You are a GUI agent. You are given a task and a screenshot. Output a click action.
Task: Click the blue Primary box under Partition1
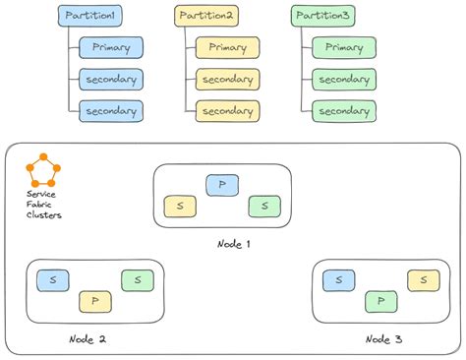click(111, 47)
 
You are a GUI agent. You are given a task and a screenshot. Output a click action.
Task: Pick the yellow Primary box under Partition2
click(227, 47)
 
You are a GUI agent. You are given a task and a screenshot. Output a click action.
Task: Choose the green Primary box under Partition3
click(344, 47)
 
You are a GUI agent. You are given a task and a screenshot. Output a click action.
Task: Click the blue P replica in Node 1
click(221, 185)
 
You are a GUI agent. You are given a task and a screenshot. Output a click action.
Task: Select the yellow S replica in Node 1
click(180, 206)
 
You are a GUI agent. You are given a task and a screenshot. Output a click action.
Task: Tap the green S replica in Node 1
click(264, 206)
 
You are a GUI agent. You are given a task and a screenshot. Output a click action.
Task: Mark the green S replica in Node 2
click(137, 280)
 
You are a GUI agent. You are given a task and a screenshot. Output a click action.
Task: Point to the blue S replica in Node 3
click(339, 280)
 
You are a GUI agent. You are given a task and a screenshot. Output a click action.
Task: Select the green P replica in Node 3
click(380, 301)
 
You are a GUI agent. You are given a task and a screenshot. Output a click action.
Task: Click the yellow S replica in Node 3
click(423, 280)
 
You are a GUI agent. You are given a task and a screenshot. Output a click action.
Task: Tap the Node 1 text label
click(234, 243)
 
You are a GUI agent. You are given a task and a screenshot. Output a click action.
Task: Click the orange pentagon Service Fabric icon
click(43, 170)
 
